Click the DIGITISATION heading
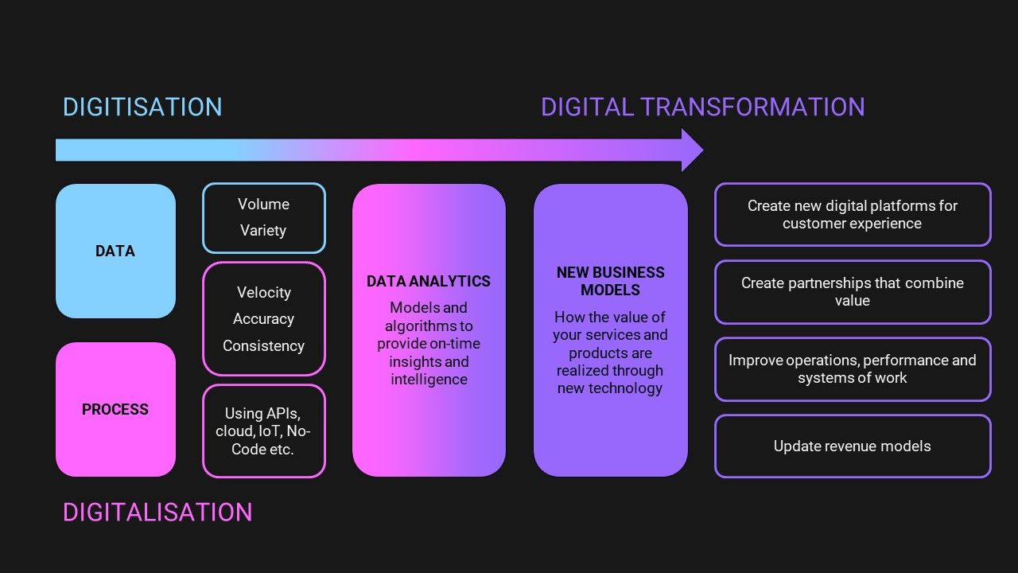(142, 107)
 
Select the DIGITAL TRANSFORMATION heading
(702, 107)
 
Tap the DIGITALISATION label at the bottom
(157, 512)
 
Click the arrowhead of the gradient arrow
(691, 150)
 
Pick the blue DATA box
(115, 251)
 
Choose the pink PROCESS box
(115, 409)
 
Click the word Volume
(263, 205)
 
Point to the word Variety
(263, 231)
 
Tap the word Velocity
(264, 293)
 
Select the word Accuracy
(263, 319)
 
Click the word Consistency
(263, 346)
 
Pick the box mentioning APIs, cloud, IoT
(263, 431)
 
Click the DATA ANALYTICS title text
(429, 282)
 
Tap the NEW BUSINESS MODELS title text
(610, 281)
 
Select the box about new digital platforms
(853, 215)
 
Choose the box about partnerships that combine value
(853, 292)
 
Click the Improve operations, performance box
(853, 369)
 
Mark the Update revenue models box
(853, 446)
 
